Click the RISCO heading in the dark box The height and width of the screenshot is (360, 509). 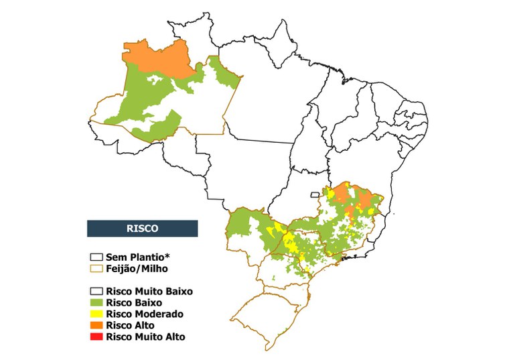pos(142,228)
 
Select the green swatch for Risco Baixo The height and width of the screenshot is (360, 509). pos(96,303)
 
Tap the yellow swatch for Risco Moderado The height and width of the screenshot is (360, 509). pos(96,314)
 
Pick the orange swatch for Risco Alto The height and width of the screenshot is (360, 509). pos(96,326)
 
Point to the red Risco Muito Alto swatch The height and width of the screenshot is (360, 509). pos(96,337)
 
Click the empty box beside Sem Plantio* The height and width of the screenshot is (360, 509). pos(96,257)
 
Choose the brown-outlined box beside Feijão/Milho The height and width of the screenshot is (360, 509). pos(96,268)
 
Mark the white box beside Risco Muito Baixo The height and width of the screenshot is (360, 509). pos(96,292)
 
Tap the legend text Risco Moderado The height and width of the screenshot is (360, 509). pos(144,314)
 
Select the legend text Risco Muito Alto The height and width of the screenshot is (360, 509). pos(145,337)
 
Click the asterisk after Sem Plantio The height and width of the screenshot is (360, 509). pos(163,255)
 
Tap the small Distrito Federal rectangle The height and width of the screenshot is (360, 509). pos(314,195)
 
